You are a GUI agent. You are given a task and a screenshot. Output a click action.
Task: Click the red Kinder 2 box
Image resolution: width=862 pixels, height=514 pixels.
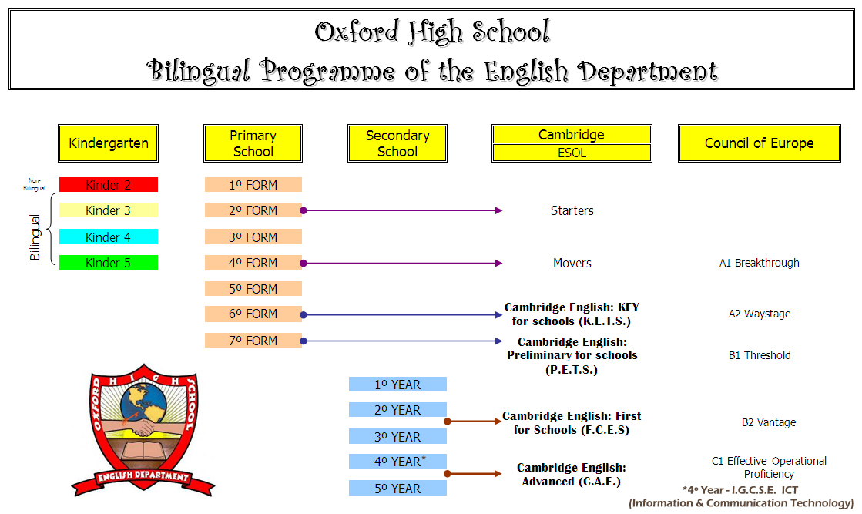click(x=109, y=185)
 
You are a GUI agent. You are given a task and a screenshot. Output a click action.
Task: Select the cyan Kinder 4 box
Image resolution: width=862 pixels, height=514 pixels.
click(x=109, y=237)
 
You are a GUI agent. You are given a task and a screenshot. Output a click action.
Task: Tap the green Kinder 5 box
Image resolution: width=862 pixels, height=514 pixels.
click(x=109, y=263)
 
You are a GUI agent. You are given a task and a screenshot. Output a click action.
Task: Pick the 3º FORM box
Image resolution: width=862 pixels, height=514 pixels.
click(x=253, y=237)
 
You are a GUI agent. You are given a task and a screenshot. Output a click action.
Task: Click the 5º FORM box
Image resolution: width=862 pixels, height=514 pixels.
click(x=253, y=289)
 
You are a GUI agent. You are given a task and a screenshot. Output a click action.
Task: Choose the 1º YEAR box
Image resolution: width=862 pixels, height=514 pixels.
click(x=397, y=385)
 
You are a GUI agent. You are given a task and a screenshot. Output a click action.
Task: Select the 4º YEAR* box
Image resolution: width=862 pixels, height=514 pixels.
click(x=397, y=462)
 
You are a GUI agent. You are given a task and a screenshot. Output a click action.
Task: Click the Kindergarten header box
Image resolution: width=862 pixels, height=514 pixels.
click(x=109, y=143)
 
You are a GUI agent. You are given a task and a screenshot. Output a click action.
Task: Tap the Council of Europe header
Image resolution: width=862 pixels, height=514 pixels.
click(x=760, y=143)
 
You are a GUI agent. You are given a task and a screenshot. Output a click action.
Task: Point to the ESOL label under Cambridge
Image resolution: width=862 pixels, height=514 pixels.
click(x=572, y=153)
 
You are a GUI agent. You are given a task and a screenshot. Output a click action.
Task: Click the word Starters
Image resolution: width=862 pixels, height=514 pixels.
click(x=572, y=210)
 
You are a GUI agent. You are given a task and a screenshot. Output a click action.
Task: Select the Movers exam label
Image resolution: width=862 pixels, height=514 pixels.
click(x=572, y=264)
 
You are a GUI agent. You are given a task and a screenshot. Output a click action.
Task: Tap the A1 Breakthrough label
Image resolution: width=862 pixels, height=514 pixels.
click(x=760, y=263)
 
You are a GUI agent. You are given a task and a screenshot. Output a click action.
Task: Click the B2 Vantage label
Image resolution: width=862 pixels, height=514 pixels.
click(x=769, y=422)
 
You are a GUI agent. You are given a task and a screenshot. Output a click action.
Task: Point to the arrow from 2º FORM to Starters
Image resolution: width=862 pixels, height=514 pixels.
click(x=401, y=210)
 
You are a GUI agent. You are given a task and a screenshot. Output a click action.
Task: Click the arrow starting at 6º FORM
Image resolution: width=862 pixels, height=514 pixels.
click(x=401, y=315)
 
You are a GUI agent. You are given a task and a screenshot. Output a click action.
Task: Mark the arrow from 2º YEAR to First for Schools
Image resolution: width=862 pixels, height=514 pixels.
click(x=473, y=422)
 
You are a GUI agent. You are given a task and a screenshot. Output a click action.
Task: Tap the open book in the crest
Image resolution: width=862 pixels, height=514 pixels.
click(x=143, y=451)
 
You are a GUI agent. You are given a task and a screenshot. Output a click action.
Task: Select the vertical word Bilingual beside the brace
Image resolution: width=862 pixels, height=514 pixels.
click(x=35, y=237)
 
